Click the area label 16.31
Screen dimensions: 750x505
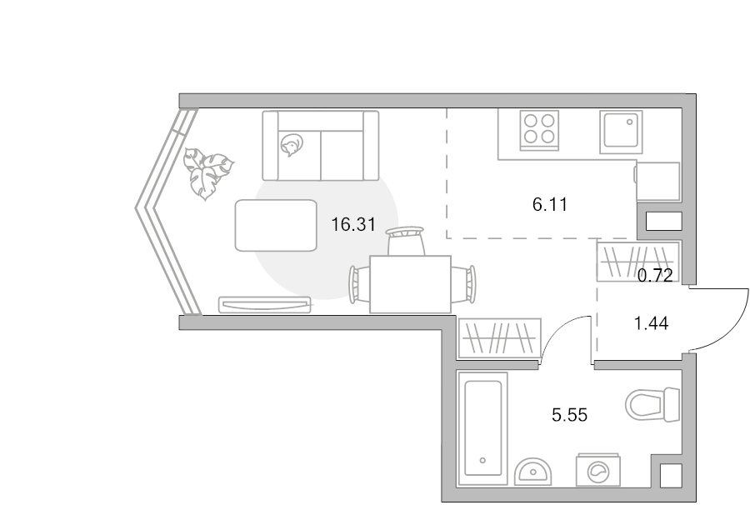pos(353,224)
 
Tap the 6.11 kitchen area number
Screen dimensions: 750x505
pos(550,205)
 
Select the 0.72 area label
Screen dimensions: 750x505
pos(655,276)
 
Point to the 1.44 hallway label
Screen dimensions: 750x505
pos(651,324)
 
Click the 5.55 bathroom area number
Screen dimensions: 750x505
pos(569,415)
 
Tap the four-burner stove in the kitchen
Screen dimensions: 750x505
pos(539,130)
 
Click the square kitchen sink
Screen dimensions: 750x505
pos(621,131)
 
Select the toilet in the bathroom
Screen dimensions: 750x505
pos(652,405)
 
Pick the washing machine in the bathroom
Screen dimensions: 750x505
pos(597,470)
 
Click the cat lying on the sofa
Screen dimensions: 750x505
pos(291,145)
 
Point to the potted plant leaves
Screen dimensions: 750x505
pos(207,172)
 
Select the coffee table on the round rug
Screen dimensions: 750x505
pos(276,225)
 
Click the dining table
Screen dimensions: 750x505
pos(410,284)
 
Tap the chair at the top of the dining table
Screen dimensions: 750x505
pos(406,242)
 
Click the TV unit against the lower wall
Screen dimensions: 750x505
pos(265,305)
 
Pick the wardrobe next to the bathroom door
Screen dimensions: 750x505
pos(499,338)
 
